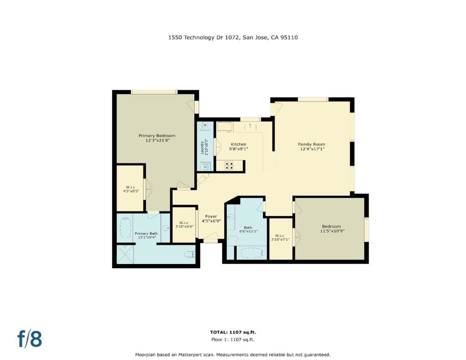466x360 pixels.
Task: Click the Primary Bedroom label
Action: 157,136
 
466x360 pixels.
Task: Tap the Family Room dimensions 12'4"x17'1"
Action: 312,149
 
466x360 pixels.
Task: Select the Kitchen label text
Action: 238,144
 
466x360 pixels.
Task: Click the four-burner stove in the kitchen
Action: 229,166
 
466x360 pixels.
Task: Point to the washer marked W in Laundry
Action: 205,126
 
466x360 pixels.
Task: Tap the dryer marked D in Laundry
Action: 205,166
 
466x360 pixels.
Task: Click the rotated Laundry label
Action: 202,147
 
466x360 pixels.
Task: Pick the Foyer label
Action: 211,217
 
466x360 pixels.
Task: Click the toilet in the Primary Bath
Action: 189,254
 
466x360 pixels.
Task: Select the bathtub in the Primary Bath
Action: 126,228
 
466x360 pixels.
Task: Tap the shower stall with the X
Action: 125,254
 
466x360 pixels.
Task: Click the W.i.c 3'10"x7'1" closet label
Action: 280,237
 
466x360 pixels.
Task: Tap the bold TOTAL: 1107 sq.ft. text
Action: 233,332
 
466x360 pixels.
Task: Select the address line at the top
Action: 233,37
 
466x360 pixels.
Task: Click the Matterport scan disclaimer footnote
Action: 233,355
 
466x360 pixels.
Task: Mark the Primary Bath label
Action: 146,233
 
